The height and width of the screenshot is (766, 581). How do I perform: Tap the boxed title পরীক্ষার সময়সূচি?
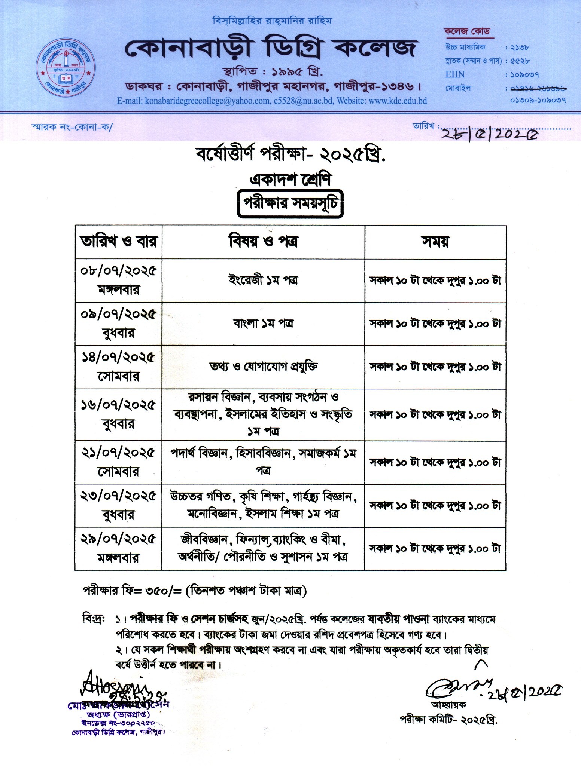pos(290,205)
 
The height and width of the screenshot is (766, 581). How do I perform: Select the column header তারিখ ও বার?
pos(118,242)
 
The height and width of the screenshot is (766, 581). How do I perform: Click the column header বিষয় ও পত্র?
pos(263,242)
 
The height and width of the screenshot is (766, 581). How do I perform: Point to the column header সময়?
pos(435,242)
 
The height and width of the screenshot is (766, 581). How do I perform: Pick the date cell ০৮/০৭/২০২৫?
pos(118,271)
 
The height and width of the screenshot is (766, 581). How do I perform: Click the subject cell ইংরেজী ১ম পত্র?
pos(263,280)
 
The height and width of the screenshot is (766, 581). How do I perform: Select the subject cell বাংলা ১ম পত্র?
pos(263,323)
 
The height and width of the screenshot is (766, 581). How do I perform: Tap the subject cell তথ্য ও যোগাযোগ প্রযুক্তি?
pos(263,367)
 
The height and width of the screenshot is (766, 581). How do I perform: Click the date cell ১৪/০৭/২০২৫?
pos(118,358)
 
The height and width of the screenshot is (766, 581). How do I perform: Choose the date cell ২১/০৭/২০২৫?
pos(118,453)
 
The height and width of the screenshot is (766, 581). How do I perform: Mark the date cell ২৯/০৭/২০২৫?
pos(118,539)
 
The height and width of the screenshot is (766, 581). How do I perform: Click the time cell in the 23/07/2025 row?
pos(435,506)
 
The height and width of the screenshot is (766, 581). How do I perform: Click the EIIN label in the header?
pos(455,74)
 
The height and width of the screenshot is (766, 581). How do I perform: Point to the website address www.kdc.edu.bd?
pos(398,101)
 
